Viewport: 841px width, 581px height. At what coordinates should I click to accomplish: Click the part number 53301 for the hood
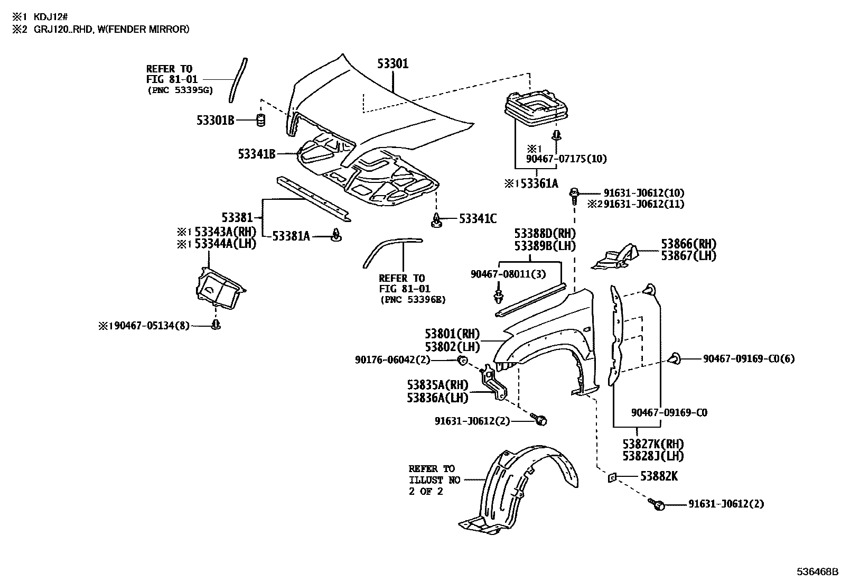click(x=393, y=64)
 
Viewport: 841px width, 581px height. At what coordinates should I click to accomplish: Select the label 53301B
click(x=215, y=121)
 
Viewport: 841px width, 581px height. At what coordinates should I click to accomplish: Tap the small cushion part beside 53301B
click(x=259, y=121)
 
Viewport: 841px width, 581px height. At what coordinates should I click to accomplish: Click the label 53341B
click(x=257, y=154)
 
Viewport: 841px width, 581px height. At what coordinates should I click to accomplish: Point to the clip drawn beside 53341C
click(x=436, y=220)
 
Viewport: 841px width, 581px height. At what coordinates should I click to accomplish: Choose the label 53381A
click(x=291, y=236)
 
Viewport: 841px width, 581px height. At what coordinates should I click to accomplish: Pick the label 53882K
click(x=659, y=476)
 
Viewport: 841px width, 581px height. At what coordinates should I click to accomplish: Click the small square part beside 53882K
click(x=612, y=477)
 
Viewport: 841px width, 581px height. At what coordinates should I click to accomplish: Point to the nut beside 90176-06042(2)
click(x=461, y=361)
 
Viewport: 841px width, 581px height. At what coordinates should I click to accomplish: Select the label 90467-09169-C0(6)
click(x=749, y=359)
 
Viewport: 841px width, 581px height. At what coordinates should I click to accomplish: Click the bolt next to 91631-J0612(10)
click(x=574, y=194)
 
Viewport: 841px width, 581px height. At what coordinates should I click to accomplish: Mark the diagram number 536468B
click(x=817, y=572)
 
